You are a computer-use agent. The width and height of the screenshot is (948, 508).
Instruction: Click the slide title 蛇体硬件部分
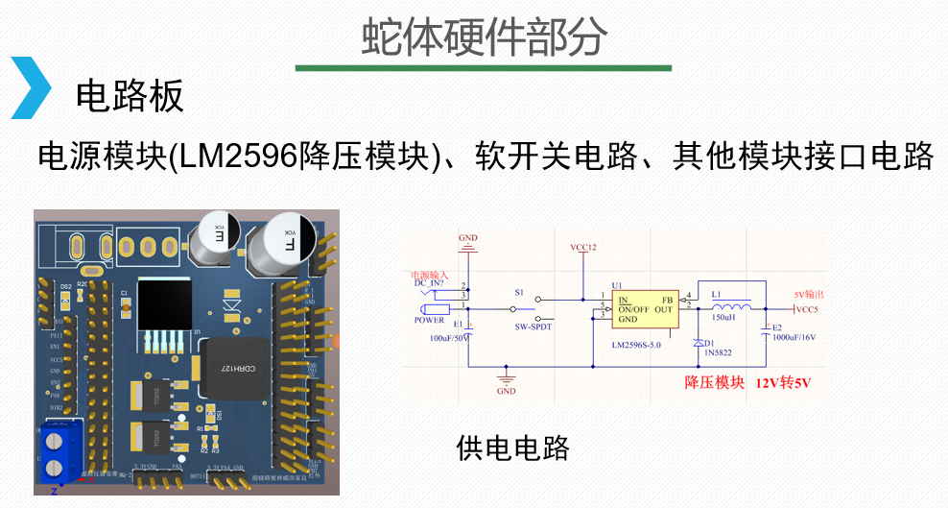[484, 36]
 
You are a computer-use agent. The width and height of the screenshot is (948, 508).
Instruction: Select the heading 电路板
[129, 96]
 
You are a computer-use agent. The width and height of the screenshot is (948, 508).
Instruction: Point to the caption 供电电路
[513, 447]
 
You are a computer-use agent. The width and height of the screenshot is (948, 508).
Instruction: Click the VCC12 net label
[583, 248]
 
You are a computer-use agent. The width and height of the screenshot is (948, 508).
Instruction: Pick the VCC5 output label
[807, 310]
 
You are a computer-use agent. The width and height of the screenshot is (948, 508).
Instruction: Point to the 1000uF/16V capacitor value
[794, 338]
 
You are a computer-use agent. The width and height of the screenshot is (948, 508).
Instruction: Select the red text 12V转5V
[783, 383]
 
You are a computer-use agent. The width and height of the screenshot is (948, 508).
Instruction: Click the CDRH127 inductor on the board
[229, 368]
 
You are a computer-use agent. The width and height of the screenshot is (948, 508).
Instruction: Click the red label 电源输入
[429, 274]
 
